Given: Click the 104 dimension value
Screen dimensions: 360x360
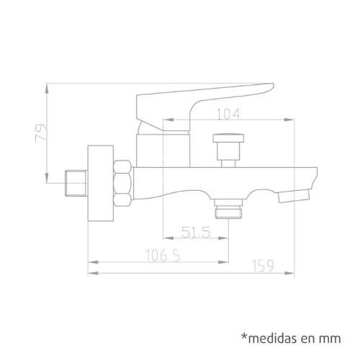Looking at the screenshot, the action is [228, 114].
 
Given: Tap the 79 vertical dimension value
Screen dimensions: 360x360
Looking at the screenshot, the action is [41, 133].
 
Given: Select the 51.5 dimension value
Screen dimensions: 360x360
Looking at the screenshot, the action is [196, 233].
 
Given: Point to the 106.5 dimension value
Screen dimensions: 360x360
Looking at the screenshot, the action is [163, 256].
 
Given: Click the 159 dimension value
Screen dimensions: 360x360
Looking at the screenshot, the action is [263, 266].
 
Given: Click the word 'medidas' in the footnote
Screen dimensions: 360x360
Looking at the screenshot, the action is [274, 338].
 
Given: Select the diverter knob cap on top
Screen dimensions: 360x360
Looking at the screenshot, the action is [228, 138].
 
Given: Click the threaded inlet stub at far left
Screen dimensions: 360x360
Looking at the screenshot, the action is [76, 183].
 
